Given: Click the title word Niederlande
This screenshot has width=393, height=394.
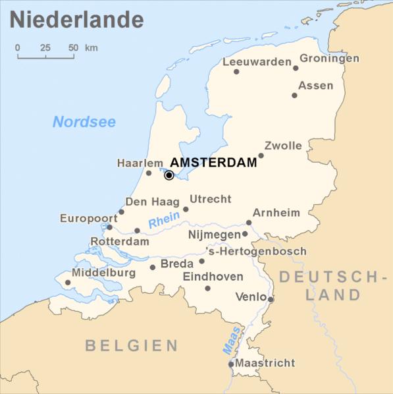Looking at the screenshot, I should point(76,19).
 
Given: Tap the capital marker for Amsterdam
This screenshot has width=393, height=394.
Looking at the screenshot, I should point(169,175).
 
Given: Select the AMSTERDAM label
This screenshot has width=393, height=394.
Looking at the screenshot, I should point(213,163).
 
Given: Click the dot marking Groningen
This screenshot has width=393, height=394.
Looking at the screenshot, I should point(296,68).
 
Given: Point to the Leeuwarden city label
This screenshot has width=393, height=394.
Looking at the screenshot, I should point(257,62).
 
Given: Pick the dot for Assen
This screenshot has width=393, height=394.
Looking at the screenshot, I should point(294,96).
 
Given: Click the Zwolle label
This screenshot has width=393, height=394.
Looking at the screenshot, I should point(283,146).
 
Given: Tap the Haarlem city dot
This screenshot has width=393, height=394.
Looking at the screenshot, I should point(149,173).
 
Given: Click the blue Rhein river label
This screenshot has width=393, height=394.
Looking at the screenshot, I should point(164,223).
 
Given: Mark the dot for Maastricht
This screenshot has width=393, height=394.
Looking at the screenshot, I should point(231,364).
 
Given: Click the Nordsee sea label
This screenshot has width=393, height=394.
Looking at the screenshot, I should point(84,122).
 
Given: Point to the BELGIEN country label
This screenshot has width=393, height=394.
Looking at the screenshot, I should point(132,345).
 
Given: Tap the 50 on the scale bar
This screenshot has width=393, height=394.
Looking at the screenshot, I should point(73,47).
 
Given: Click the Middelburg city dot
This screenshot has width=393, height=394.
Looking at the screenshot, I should point(67,283).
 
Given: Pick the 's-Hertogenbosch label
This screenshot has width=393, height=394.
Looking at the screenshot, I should point(257,251).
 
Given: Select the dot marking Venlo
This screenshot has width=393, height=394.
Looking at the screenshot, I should point(271,299).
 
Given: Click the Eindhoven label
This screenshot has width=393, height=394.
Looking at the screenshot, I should point(213,277).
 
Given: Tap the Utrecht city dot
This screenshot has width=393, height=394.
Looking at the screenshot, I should point(186,210).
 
